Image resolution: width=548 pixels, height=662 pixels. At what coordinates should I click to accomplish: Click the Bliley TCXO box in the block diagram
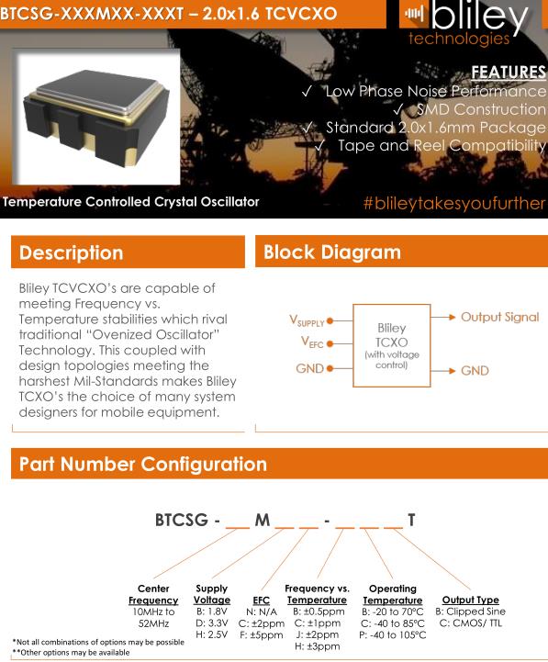coord(391,345)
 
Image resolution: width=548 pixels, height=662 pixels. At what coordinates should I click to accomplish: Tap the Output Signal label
coord(500,317)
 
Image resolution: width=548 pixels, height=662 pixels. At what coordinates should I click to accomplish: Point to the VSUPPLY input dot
coord(330,320)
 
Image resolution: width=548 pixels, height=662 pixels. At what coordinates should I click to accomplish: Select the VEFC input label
coord(312,342)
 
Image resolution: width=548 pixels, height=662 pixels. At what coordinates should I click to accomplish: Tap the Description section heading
coord(71,252)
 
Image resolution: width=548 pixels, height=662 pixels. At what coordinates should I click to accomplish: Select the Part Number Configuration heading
coord(142,464)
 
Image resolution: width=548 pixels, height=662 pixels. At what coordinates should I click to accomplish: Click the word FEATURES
coord(509,72)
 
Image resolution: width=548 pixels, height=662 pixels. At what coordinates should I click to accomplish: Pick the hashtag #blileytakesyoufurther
coord(454,203)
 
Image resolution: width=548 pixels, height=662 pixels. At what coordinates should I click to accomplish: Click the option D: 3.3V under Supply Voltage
coord(211,623)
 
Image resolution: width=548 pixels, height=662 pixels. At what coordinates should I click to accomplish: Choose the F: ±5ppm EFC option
coord(262,634)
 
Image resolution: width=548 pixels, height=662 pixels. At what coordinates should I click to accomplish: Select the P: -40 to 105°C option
coord(393,634)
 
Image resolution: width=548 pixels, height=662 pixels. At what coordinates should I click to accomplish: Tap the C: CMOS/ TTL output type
coord(470,623)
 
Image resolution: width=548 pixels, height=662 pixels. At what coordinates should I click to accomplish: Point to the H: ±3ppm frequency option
coord(317,646)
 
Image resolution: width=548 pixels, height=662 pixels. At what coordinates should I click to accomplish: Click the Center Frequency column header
coord(153,594)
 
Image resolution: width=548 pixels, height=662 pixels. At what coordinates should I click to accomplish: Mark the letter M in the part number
coord(263,520)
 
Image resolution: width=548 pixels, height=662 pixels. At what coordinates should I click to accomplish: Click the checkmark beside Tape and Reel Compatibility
coord(319,146)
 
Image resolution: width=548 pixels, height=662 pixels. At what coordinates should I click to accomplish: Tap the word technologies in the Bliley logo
coord(459,39)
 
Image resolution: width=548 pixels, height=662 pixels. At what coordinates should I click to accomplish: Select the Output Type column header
coord(470,600)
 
